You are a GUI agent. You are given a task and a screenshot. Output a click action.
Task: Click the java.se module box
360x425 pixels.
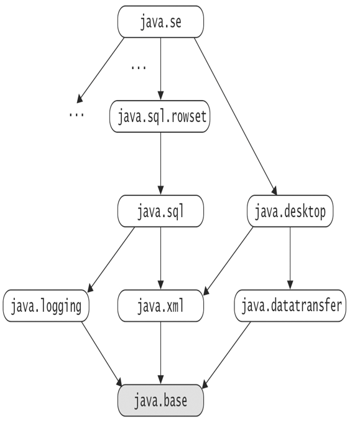pos(160,22)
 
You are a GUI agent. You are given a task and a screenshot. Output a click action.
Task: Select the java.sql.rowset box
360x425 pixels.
pos(160,116)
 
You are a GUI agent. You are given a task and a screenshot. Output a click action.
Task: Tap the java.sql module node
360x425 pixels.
pos(160,211)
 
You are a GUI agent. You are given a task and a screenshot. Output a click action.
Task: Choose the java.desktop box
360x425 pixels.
pos(290,211)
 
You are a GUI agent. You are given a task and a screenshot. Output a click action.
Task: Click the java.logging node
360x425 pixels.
pos(46,306)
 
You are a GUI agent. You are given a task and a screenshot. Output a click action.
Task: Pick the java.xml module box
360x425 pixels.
pos(160,306)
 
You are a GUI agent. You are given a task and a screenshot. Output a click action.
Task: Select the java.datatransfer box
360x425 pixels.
pos(290,306)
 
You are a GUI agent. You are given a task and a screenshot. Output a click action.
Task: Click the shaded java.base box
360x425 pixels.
pos(160,400)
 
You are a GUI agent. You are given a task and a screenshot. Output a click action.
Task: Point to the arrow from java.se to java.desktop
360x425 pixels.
pos(236,116)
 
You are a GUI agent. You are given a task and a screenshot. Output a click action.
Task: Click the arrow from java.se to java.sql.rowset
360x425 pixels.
pos(160,69)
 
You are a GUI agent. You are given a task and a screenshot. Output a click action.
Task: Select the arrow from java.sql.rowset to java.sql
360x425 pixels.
pos(160,164)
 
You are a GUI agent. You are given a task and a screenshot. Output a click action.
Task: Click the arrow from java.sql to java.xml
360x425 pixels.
pos(160,258)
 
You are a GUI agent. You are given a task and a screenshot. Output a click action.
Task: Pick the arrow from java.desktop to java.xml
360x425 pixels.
pos(228,261)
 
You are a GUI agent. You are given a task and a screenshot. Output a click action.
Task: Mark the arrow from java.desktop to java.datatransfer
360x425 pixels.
pos(290,258)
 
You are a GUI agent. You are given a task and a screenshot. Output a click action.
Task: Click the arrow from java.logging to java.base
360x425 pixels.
pos(102,353)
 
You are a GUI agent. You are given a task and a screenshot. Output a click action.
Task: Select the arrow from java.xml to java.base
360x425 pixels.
pos(160,353)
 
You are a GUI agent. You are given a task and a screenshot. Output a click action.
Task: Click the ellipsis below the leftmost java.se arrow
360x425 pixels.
pos(76,115)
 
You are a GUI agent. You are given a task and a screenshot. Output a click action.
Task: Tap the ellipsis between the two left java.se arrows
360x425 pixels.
pos(139,67)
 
